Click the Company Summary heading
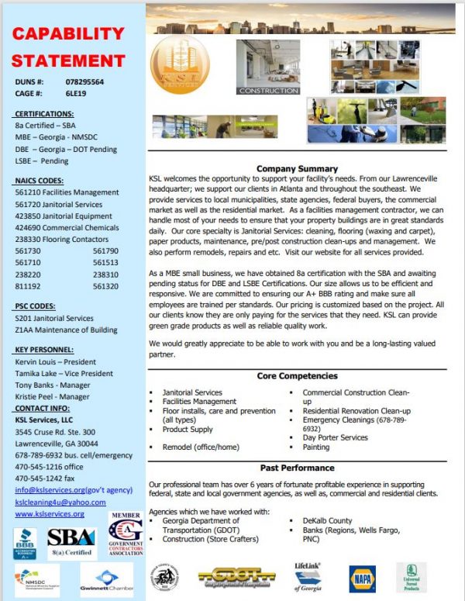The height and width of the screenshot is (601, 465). tap(297, 168)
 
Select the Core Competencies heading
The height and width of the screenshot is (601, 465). tap(297, 376)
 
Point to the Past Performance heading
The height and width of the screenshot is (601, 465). tap(297, 468)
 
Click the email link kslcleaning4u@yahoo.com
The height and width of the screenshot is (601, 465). tap(60, 502)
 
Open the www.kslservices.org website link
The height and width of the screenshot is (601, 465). tap(49, 513)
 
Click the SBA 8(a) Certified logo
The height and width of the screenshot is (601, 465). tap(71, 541)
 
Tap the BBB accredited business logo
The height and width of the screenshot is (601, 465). tap(26, 542)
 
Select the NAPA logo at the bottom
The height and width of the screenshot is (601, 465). tap(361, 578)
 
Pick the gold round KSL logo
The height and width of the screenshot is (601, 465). tap(180, 66)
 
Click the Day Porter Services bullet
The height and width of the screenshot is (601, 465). tap(335, 438)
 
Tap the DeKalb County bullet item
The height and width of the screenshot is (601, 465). tap(329, 521)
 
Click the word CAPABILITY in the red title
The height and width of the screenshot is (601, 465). tap(68, 34)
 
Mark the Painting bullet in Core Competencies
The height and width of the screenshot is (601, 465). tap(316, 447)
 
